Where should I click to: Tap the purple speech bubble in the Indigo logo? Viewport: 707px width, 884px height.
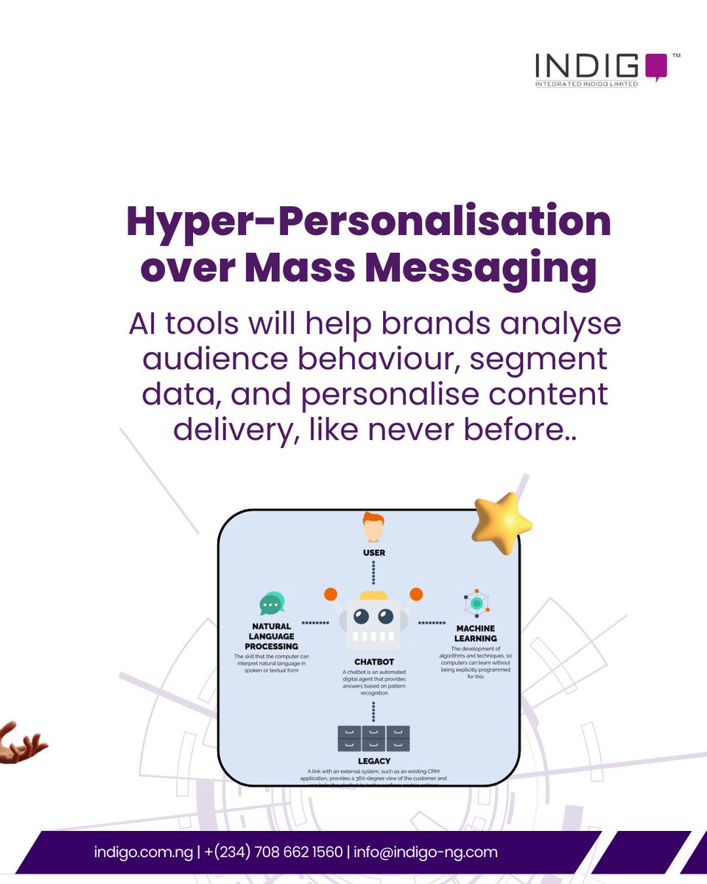pos(655,66)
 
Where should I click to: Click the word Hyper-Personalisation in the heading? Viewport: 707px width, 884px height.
pos(368,221)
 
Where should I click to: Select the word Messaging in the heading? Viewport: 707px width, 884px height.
pos(480,268)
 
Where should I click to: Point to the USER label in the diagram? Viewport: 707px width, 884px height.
pos(373,552)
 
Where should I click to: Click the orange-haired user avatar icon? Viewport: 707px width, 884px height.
pos(373,527)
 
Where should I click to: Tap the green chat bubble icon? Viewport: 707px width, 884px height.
pos(272,603)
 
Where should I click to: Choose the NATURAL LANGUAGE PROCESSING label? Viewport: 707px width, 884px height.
pos(272,636)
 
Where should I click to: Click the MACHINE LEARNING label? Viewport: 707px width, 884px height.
pos(476,633)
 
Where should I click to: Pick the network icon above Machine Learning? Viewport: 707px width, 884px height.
pos(476,603)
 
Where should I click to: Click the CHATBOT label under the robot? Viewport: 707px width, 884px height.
pos(373,662)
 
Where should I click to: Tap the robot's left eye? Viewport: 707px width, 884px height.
pos(361,616)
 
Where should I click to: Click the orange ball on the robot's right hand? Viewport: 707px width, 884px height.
pos(417,594)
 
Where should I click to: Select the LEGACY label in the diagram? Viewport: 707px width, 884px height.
pos(373,761)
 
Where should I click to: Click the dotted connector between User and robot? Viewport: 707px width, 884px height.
pos(373,572)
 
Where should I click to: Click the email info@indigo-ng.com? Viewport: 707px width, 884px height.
pos(426,852)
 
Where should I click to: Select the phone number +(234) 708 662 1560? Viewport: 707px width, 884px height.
pos(274,852)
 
